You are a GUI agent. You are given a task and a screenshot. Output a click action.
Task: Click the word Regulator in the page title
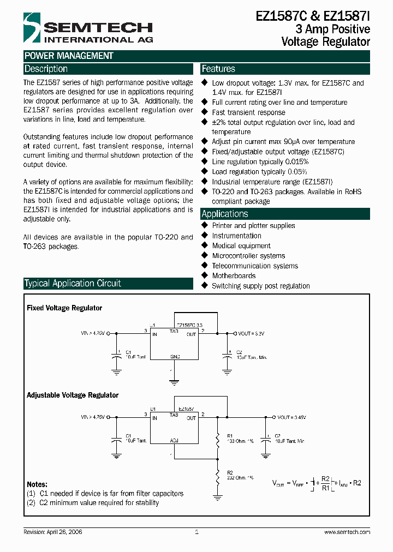[343, 41]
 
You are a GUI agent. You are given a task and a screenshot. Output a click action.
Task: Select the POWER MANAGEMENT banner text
[69, 56]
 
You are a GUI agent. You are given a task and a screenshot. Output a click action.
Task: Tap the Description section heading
[46, 69]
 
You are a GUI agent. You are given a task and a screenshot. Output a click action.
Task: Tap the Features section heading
[218, 69]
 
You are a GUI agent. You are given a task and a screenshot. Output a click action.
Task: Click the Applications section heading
[225, 214]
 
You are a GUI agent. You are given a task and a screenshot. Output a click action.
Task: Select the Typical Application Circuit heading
[73, 283]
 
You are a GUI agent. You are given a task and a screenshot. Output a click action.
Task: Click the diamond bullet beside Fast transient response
[205, 112]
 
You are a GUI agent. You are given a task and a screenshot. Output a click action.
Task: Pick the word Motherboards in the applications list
[234, 276]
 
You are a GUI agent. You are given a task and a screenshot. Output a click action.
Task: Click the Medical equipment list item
[241, 246]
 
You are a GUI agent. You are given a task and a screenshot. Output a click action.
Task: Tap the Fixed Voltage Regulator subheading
[64, 308]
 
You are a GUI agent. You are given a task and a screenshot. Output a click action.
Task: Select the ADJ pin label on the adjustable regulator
[174, 440]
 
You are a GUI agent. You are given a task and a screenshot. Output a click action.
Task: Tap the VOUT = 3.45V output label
[292, 417]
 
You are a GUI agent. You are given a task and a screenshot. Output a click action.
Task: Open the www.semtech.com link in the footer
[347, 532]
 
